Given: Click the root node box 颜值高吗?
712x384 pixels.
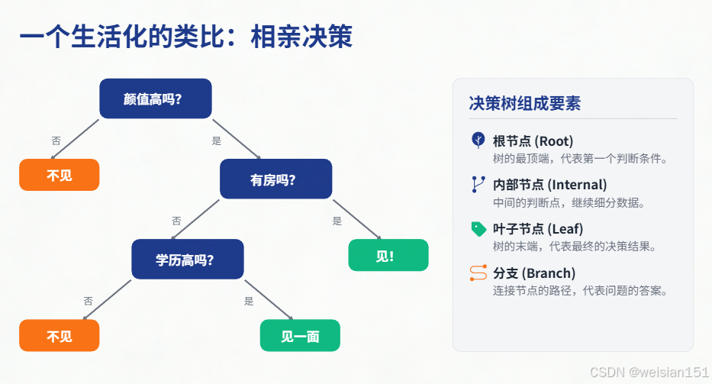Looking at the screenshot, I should [x=156, y=98].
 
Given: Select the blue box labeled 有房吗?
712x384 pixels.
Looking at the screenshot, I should [x=275, y=179].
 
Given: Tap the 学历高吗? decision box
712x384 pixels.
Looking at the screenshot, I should [x=187, y=260].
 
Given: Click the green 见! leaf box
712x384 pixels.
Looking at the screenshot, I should [x=388, y=255].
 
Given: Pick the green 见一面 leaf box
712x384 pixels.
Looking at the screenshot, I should [x=300, y=336].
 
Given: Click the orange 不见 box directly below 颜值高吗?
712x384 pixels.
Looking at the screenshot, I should [x=60, y=175].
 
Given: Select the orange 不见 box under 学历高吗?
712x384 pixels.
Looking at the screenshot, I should [x=60, y=336].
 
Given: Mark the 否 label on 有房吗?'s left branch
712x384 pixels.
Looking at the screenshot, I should [x=176, y=221].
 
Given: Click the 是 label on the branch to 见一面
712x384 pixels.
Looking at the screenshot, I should [x=249, y=301].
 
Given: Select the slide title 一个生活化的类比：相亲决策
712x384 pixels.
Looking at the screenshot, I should [x=185, y=37].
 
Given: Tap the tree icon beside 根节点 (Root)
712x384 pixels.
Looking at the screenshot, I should [x=478, y=140].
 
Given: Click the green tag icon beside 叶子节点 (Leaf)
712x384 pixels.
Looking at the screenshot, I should [x=478, y=228].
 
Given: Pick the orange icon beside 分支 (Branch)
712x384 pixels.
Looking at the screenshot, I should [x=478, y=273].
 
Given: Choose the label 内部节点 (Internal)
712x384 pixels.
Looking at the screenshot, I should [x=549, y=184].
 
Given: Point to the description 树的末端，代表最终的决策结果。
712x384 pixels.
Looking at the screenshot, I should [x=575, y=247].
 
